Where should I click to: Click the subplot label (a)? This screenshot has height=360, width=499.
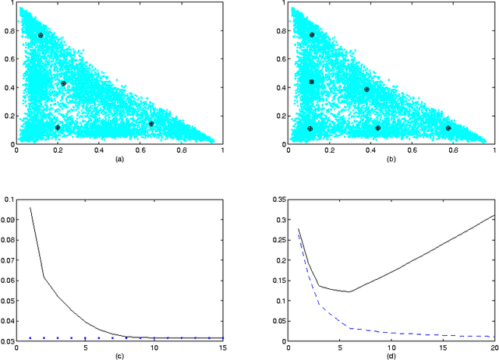coord(119,158)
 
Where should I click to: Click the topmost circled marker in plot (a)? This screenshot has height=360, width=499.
coord(41,36)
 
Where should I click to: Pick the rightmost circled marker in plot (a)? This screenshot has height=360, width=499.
coord(151,123)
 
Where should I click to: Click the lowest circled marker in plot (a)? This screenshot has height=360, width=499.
coord(58,127)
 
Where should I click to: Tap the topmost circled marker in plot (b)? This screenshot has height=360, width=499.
coord(312,35)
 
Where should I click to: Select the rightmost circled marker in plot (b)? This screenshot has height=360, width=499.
coord(448,128)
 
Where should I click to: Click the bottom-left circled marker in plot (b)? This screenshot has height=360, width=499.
coord(310,129)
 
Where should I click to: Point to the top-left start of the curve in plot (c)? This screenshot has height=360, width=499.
coord(30,207)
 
